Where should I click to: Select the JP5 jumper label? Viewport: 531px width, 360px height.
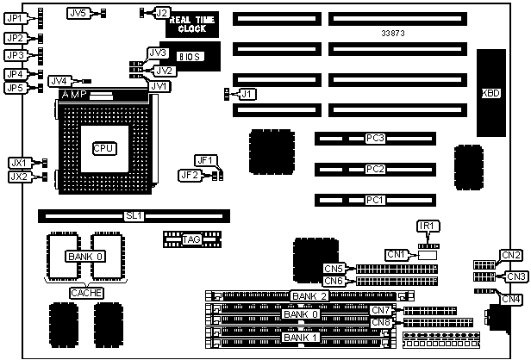pos(15,88)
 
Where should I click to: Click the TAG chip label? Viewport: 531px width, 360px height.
pos(191,239)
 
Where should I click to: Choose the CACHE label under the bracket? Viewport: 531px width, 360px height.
pos(89,293)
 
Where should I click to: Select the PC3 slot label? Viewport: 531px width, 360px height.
pos(374,138)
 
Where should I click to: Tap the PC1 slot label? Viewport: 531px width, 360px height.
pos(374,201)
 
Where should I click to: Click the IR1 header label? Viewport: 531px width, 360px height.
pos(428,227)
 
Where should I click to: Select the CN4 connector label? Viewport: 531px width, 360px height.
pos(511,299)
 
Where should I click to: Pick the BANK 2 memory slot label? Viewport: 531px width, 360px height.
pos(308,296)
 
